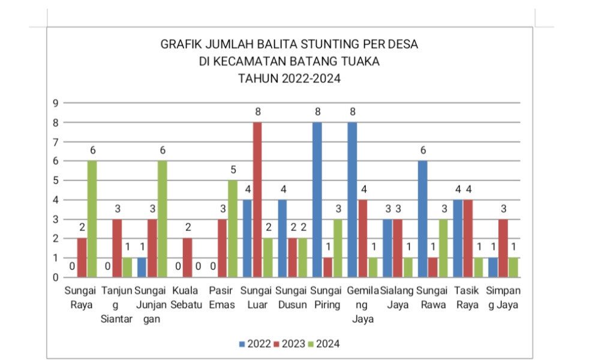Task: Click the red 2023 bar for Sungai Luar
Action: [257, 200]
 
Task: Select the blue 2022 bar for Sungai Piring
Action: [317, 200]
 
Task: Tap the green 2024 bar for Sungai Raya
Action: [92, 219]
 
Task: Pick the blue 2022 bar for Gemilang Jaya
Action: [352, 200]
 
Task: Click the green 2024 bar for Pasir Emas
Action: [232, 229]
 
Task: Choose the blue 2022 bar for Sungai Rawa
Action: [422, 219]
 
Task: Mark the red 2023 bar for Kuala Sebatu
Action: [187, 258]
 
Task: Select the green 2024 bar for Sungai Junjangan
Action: [162, 219]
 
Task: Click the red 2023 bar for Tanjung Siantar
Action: [117, 248]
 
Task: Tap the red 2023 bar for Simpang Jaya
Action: [503, 248]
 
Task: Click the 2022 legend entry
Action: [254, 344]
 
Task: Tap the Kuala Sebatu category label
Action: [187, 298]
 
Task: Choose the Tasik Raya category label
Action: [467, 298]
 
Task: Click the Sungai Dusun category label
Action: [292, 298]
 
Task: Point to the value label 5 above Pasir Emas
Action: [233, 170]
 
